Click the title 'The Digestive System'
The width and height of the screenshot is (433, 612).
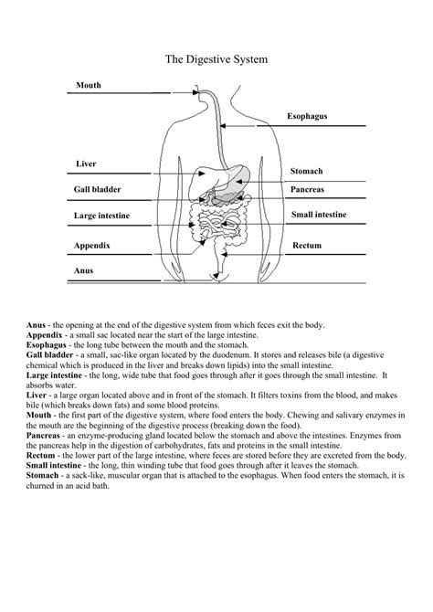pyautogui.click(x=216, y=59)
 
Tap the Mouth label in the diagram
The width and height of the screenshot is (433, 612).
pyautogui.click(x=89, y=85)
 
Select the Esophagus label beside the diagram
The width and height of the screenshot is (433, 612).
pyautogui.click(x=307, y=117)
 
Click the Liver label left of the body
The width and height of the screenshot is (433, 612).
pyautogui.click(x=86, y=164)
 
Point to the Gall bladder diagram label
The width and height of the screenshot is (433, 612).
pyautogui.click(x=98, y=189)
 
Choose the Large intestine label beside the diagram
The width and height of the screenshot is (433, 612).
pyautogui.click(x=102, y=216)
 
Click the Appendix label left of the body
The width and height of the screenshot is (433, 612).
pyautogui.click(x=92, y=246)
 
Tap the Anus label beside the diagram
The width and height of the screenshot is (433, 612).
pyautogui.click(x=84, y=270)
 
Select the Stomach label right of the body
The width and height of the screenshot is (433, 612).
pyautogui.click(x=307, y=171)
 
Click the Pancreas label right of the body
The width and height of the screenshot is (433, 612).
pyautogui.click(x=308, y=189)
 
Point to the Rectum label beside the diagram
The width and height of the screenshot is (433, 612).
pyautogui.click(x=307, y=246)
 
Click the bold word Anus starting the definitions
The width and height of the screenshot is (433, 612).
pyautogui.click(x=37, y=325)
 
